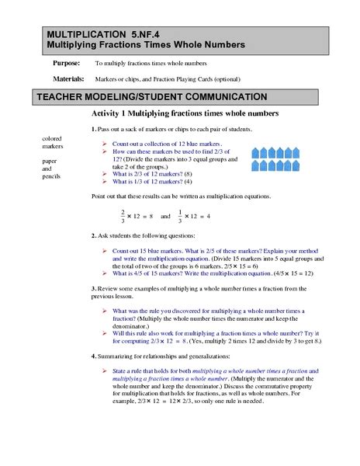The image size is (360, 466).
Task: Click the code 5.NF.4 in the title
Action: pyautogui.click(x=133, y=34)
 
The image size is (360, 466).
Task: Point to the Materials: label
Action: pyautogui.click(x=68, y=78)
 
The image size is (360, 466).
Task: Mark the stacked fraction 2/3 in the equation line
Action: pyautogui.click(x=123, y=214)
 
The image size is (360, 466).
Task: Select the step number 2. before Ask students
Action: pyautogui.click(x=94, y=234)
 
